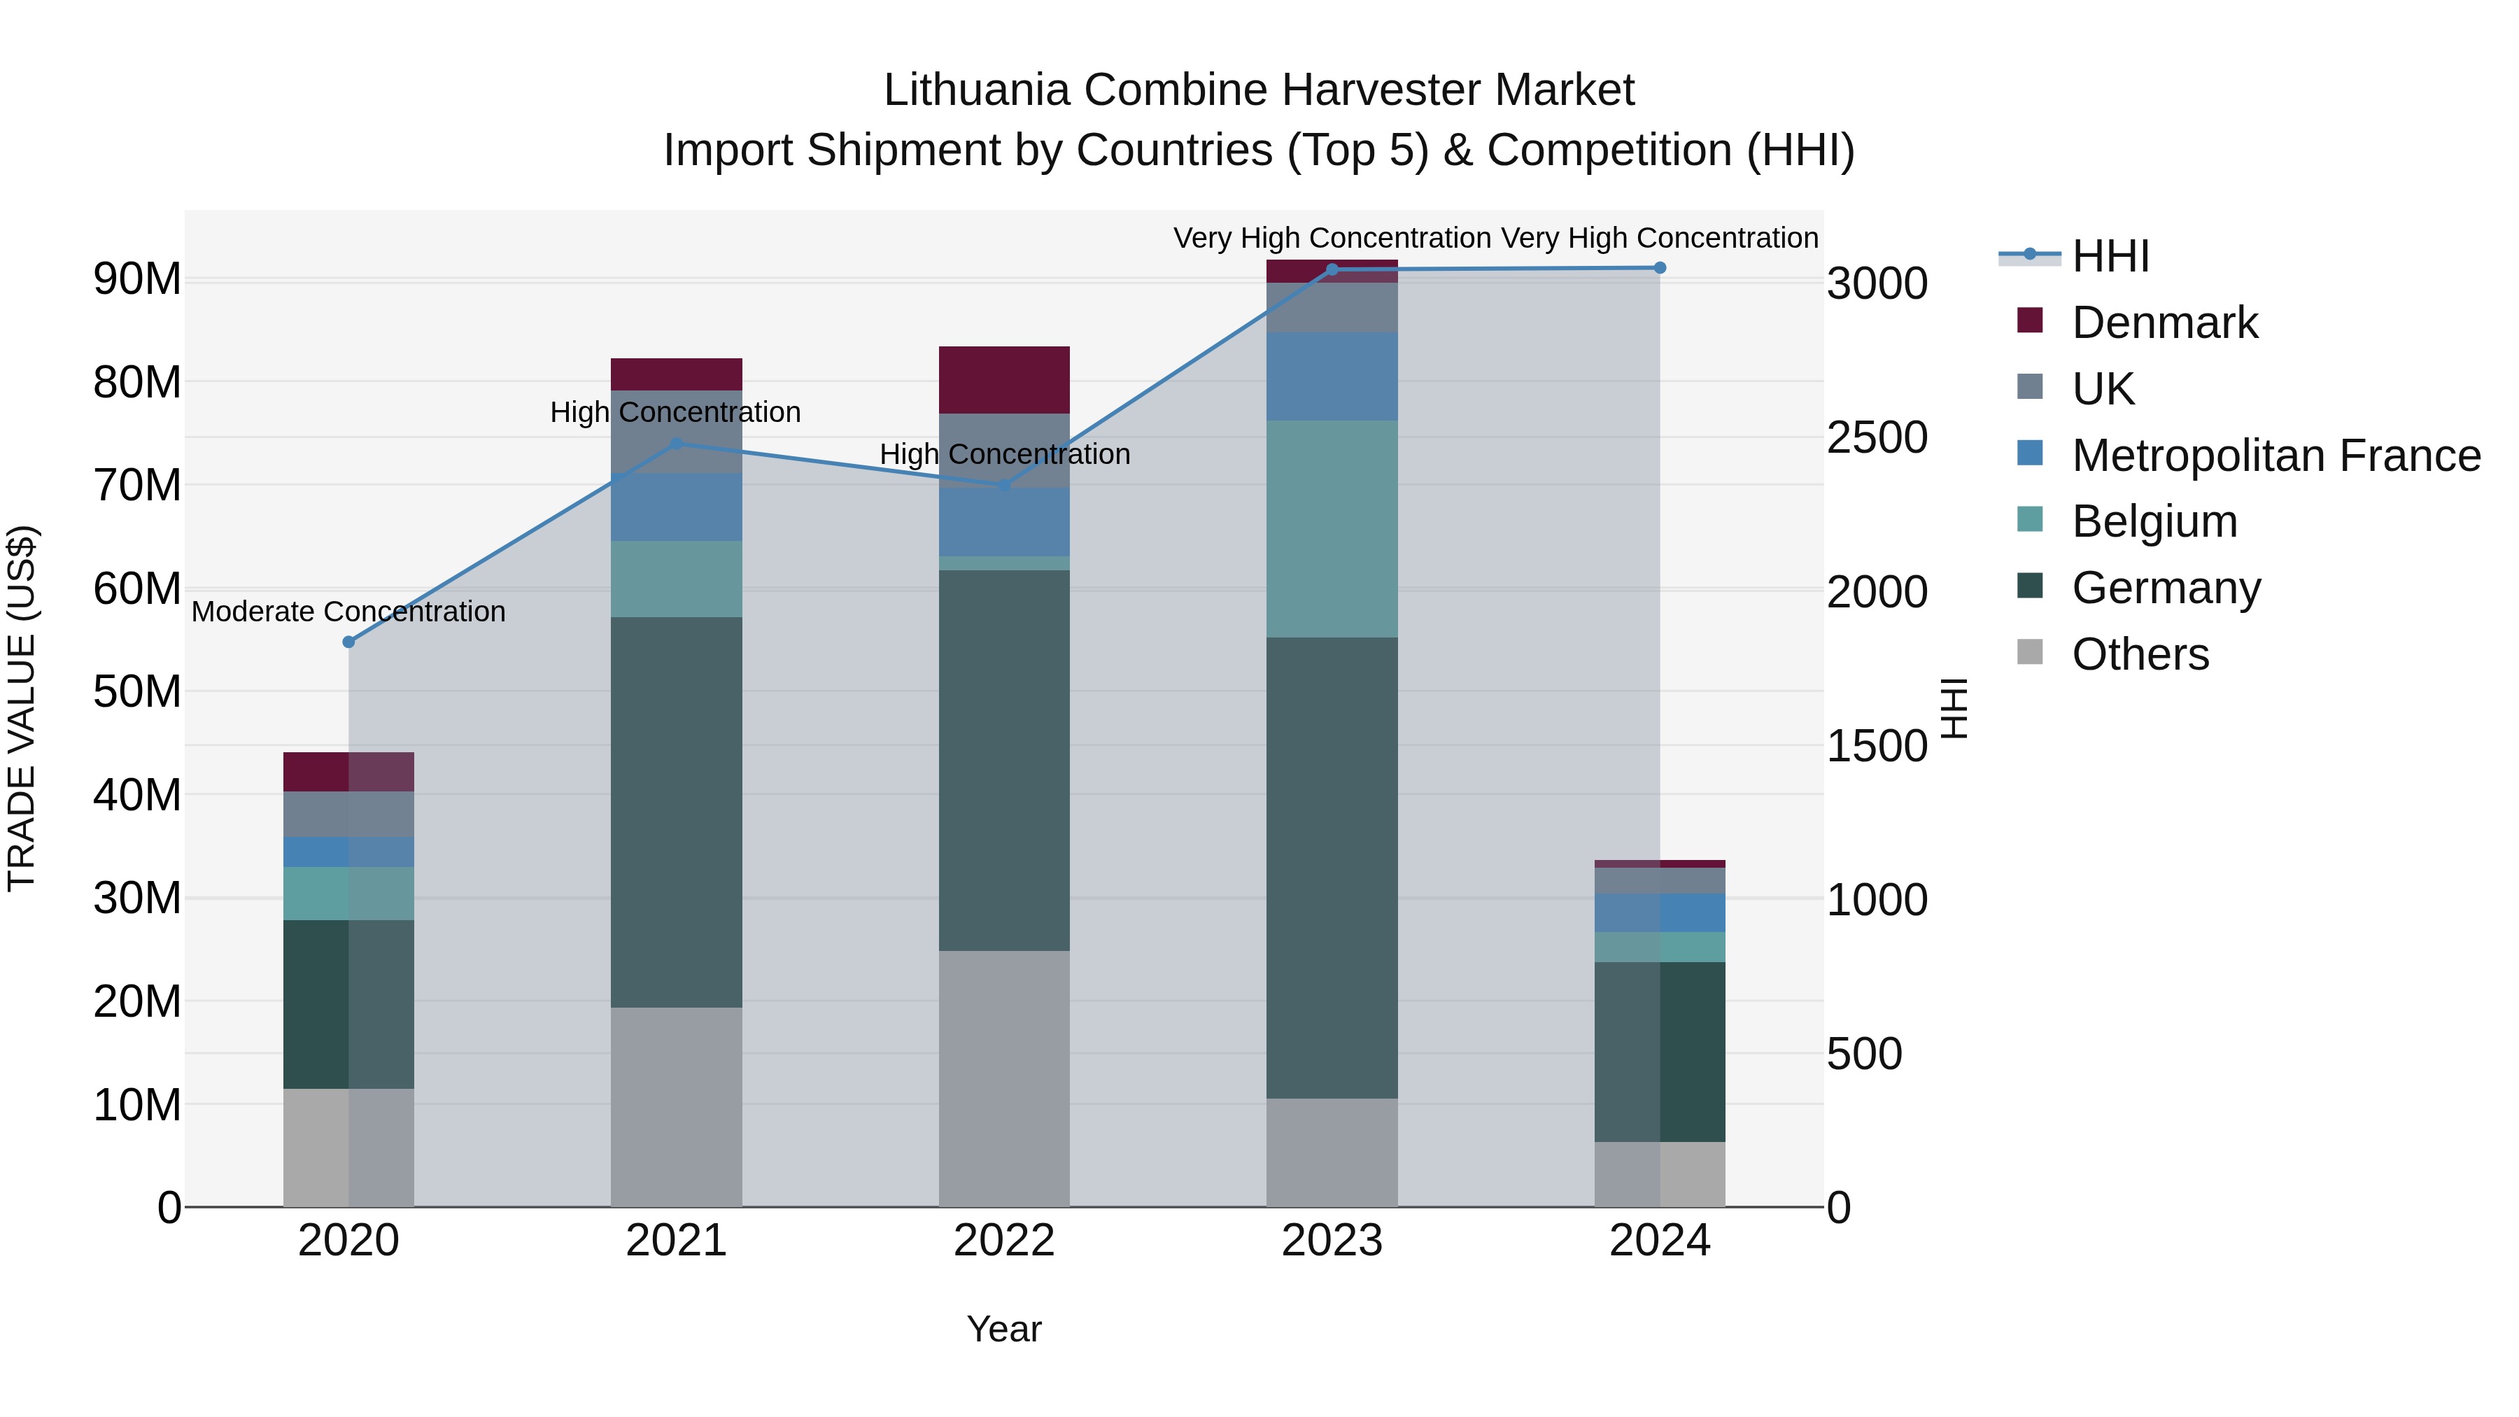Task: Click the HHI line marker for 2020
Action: coord(348,642)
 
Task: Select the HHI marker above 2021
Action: coord(676,443)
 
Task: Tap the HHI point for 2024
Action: coord(1660,268)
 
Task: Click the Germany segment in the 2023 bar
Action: coord(1331,868)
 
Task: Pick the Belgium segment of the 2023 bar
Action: coord(1331,529)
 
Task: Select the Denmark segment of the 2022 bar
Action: coord(1003,379)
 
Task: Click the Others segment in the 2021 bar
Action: coord(676,1106)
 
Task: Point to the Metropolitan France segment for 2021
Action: coord(676,507)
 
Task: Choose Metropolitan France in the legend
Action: coord(2275,456)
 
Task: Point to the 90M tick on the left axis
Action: coord(137,280)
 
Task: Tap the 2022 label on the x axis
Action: coord(1003,1241)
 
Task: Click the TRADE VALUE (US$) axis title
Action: coord(22,708)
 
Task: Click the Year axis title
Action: coord(1003,1329)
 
